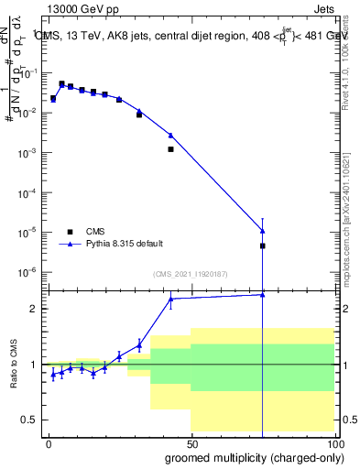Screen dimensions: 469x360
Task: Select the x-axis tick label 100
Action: pos(333,442)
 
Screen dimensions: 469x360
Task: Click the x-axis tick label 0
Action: pos(48,442)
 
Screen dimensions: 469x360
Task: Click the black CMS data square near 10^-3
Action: pos(170,148)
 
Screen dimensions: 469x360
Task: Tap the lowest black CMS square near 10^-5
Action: pos(263,245)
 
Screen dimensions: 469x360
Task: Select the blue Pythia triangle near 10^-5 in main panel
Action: pos(263,231)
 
